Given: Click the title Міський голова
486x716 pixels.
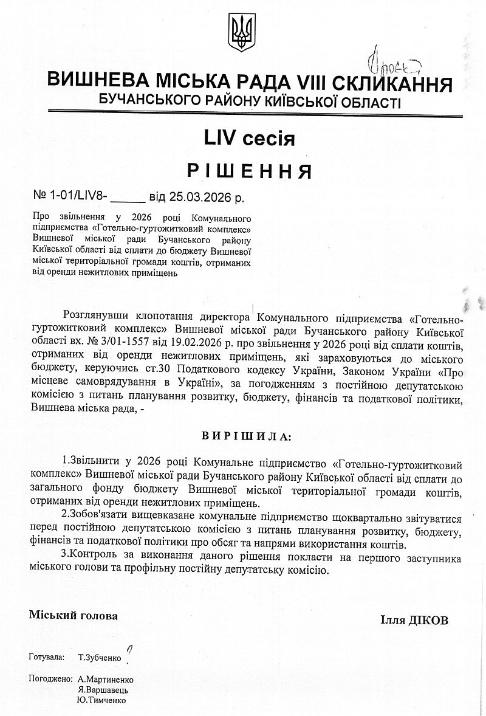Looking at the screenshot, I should pos(74,615).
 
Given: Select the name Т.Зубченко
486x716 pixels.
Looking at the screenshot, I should pos(100,658).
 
